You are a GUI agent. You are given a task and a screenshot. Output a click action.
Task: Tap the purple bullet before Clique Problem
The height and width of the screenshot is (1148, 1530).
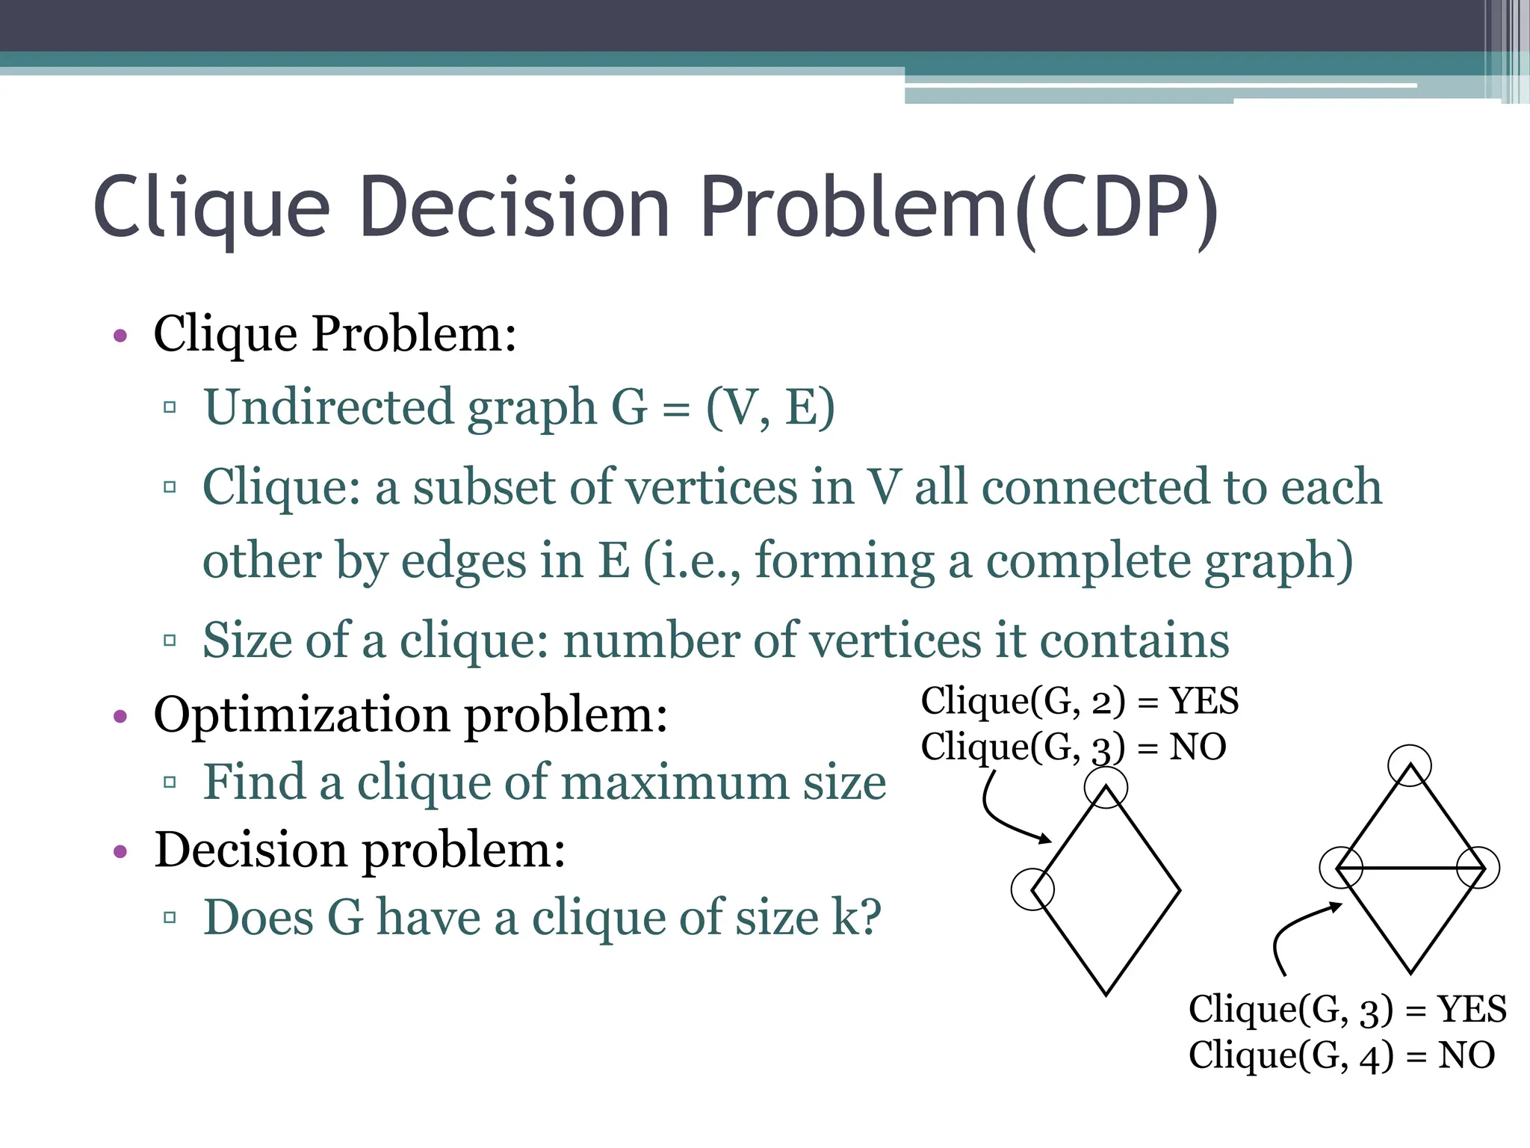coord(120,336)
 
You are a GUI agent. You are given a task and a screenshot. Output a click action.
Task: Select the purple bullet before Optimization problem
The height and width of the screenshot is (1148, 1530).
coord(120,717)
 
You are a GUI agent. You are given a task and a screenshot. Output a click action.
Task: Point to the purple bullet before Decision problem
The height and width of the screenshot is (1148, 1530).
coord(120,851)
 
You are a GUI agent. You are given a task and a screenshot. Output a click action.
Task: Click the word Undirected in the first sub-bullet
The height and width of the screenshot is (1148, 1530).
coord(329,407)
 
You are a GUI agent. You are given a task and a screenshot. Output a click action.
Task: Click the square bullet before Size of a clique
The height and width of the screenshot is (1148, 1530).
coord(170,641)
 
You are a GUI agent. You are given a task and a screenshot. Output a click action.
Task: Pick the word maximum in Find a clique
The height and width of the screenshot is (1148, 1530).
coord(675,783)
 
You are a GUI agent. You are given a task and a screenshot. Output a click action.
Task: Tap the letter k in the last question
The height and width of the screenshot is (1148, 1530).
coord(849,917)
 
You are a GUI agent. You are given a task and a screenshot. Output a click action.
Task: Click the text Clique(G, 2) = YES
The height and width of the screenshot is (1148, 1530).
coord(1080,701)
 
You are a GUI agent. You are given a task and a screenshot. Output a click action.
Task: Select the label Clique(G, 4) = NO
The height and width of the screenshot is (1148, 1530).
coord(1342,1055)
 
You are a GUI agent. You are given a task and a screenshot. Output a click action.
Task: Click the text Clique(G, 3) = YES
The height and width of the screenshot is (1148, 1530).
coord(1347,1009)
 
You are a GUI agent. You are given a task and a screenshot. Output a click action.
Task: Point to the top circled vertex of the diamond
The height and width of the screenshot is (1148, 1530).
coord(1106,788)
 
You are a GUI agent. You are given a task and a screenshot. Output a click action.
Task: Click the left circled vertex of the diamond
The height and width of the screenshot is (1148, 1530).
coord(1032,889)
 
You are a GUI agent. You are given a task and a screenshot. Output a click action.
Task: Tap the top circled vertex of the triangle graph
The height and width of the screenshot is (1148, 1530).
coord(1410,765)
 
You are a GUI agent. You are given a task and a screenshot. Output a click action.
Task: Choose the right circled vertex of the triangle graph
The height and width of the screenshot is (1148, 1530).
coord(1478,868)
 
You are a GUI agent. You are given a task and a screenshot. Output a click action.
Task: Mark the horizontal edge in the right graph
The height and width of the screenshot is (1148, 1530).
coord(1410,868)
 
